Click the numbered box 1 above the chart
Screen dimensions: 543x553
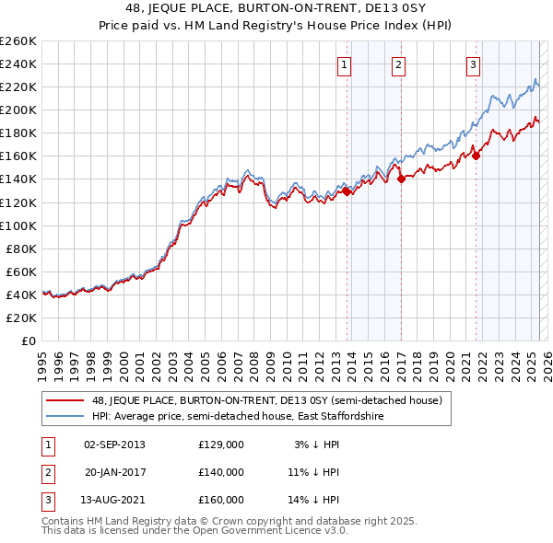point(344,65)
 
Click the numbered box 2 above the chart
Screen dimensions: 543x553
point(398,65)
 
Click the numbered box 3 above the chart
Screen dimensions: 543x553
point(473,65)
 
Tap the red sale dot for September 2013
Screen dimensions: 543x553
point(347,191)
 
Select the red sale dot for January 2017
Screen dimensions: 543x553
point(401,179)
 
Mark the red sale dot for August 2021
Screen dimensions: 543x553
point(476,156)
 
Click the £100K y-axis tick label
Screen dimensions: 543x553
point(18,225)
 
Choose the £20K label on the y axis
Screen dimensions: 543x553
point(21,318)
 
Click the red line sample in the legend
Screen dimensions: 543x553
point(65,400)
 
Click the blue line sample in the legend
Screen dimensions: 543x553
point(65,416)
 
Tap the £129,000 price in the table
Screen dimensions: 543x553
point(221,445)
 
